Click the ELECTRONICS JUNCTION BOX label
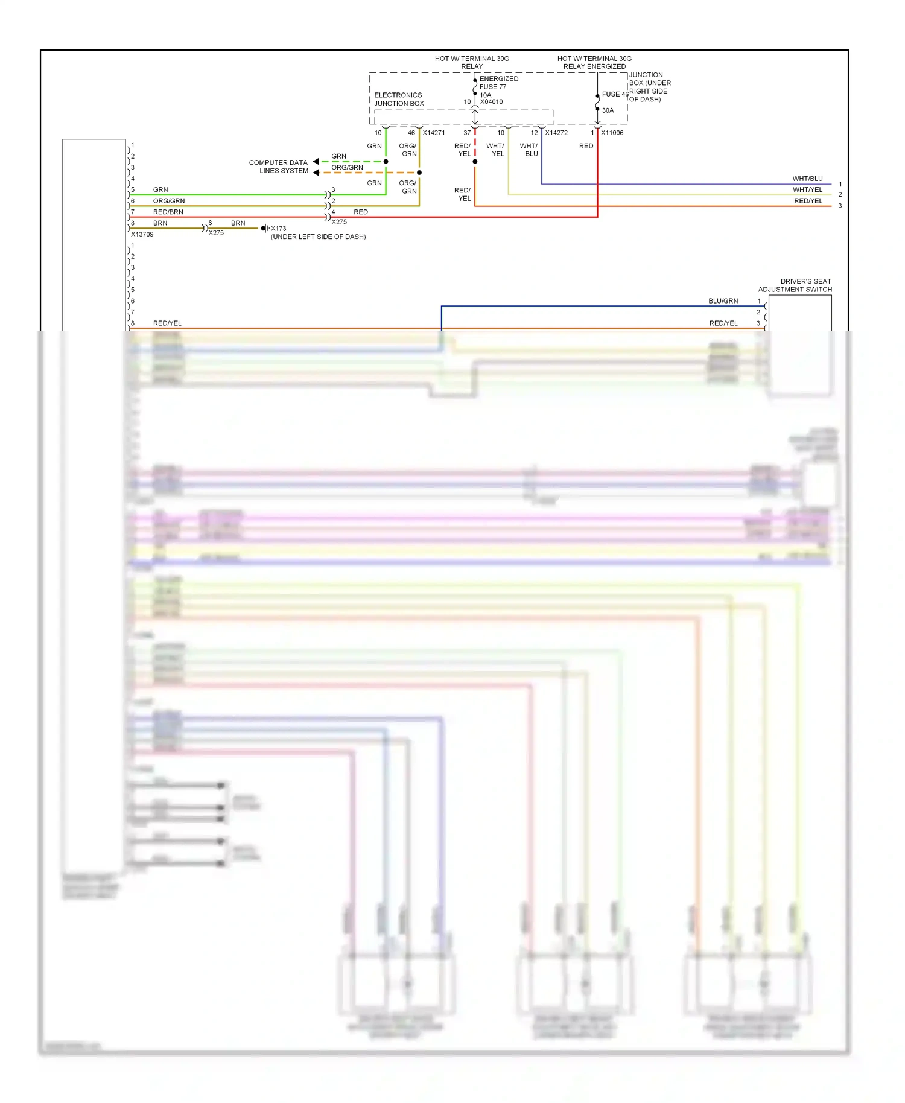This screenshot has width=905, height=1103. [399, 99]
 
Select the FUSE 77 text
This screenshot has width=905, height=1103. [492, 87]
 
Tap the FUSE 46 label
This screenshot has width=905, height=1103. [614, 94]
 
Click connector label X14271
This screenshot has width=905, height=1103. [433, 133]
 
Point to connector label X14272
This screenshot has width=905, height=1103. [556, 133]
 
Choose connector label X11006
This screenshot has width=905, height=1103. [612, 133]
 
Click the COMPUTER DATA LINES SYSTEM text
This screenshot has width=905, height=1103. [279, 167]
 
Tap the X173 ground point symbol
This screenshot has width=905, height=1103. [264, 228]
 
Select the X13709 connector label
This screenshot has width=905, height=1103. [142, 234]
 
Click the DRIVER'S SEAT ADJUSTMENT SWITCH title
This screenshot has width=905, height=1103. [796, 285]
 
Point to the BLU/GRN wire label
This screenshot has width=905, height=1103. [723, 300]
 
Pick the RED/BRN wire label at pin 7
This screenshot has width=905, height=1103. [168, 212]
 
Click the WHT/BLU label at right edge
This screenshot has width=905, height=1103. [807, 179]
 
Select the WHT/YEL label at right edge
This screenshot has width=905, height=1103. [807, 189]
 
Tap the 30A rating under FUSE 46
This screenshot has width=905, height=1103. [608, 110]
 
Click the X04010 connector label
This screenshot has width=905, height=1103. [491, 102]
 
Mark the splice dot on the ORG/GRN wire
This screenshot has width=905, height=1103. [419, 173]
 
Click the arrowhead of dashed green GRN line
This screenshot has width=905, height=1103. [316, 161]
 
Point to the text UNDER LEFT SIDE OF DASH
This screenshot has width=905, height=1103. [318, 237]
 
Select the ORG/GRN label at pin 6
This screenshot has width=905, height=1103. [169, 201]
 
